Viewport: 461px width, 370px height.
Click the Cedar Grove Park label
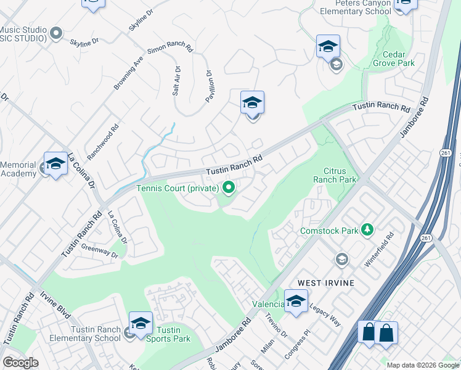pyautogui.click(x=394, y=58)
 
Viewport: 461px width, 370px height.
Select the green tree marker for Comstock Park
pyautogui.click(x=368, y=230)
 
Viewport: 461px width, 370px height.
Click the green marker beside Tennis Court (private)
pyautogui.click(x=229, y=187)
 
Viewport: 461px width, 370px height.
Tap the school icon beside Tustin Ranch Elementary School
pyautogui.click(x=141, y=323)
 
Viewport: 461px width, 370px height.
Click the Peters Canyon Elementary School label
pyautogui.click(x=354, y=7)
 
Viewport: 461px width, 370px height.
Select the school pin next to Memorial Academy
pyautogui.click(x=55, y=163)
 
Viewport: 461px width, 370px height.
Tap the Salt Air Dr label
pyautogui.click(x=177, y=81)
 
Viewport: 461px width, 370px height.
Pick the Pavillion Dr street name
pyautogui.click(x=210, y=86)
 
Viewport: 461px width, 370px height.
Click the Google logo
pyautogui.click(x=21, y=363)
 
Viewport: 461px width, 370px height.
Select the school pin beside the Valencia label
pyautogui.click(x=296, y=302)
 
